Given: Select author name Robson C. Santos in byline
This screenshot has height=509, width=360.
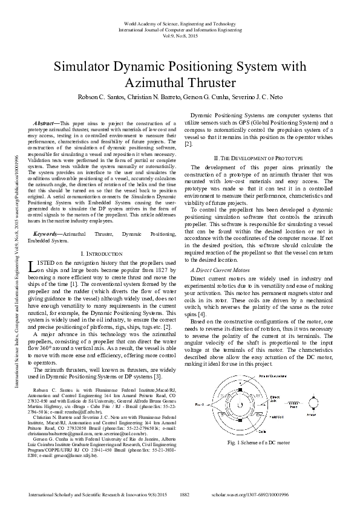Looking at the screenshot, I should click(100, 97).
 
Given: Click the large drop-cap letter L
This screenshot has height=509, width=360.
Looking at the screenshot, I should click(33, 249).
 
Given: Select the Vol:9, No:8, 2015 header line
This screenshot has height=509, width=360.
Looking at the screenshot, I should click(180, 35).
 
